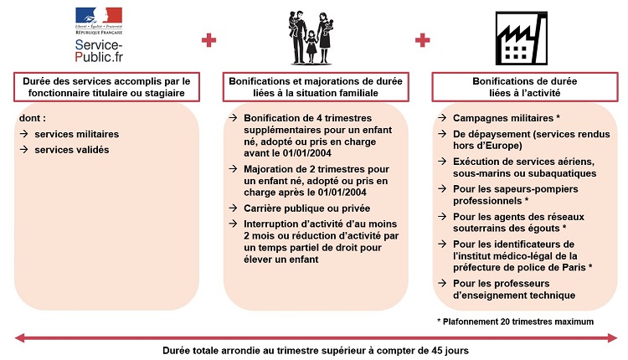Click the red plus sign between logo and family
[x=208, y=39]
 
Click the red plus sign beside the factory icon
[x=423, y=39]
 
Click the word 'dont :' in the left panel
[x=32, y=119]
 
